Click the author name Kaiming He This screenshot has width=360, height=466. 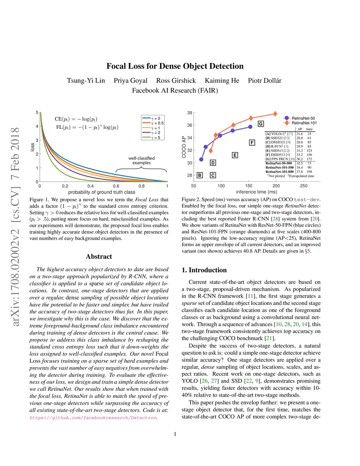222,81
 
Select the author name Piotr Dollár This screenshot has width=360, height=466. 265,81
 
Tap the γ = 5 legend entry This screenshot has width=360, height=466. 156,138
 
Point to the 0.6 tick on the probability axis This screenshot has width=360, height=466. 116,186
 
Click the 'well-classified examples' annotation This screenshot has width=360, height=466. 141,161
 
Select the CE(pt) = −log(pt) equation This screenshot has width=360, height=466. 76,119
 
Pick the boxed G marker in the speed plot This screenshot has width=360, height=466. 261,124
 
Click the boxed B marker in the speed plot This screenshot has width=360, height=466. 200,175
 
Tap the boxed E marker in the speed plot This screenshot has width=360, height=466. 235,155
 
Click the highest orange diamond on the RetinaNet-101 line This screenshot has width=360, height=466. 275,114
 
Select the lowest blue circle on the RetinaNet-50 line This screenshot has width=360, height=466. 201,159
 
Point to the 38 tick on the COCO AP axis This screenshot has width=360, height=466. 189,113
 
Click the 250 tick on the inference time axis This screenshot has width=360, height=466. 304,186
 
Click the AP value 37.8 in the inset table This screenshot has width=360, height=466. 300,172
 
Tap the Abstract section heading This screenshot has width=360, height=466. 99,256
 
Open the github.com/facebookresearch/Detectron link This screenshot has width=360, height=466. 93,417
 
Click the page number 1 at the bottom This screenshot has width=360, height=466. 175,434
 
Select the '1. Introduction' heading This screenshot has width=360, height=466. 204,270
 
